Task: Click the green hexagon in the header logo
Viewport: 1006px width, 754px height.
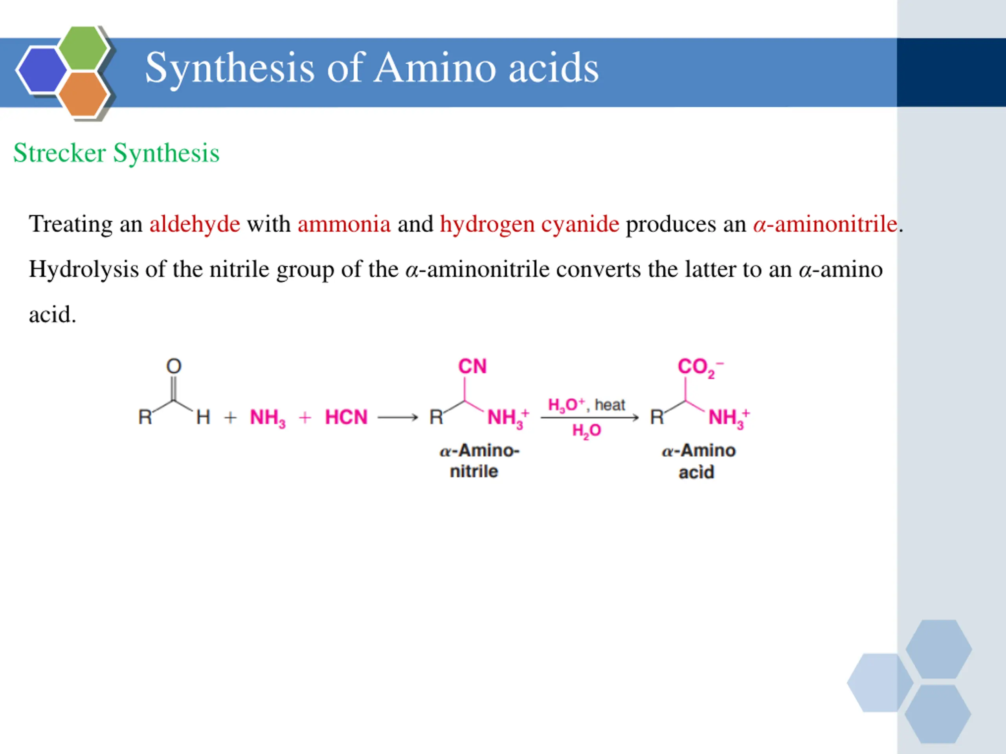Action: point(83,48)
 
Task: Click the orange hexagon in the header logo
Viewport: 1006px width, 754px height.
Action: point(83,94)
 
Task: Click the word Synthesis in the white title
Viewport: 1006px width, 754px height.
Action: point(229,68)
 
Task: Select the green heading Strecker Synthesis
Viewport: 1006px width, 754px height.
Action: point(116,153)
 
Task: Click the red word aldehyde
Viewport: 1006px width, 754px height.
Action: point(195,224)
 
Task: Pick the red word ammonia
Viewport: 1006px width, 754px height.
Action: point(344,224)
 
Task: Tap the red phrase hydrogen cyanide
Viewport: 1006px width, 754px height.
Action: point(529,224)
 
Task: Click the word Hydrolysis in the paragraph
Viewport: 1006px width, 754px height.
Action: point(84,269)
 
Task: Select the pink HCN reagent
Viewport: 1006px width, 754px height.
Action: point(346,417)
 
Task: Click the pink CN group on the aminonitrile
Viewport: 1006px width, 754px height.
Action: point(472,366)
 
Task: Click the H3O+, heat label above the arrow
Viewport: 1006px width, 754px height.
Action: point(586,404)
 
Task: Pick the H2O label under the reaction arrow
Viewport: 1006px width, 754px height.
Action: point(586,430)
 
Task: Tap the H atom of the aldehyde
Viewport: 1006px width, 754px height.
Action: point(203,417)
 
